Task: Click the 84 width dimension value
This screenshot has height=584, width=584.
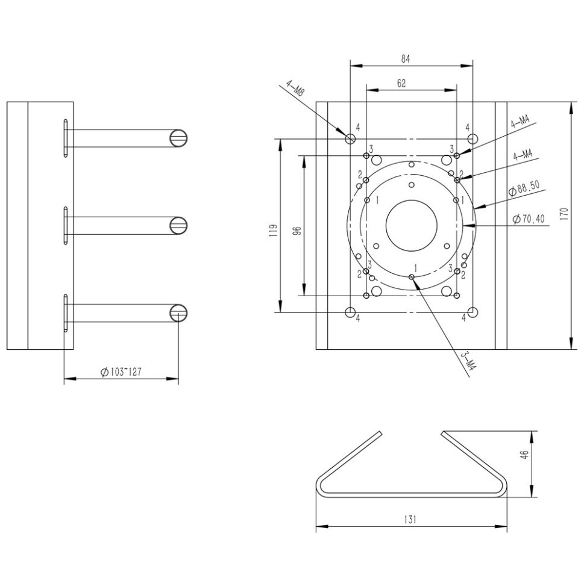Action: (x=406, y=59)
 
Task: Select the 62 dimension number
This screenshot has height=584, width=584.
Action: (x=401, y=84)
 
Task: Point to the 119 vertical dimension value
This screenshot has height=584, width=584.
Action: (x=274, y=231)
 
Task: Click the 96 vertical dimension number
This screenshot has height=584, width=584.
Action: (x=297, y=231)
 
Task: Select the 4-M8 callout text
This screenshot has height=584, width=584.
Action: (x=295, y=89)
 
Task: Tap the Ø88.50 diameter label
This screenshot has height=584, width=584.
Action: (x=524, y=188)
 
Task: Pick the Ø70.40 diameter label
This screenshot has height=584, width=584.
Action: (x=529, y=219)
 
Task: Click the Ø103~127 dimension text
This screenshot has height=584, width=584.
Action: (x=121, y=371)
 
